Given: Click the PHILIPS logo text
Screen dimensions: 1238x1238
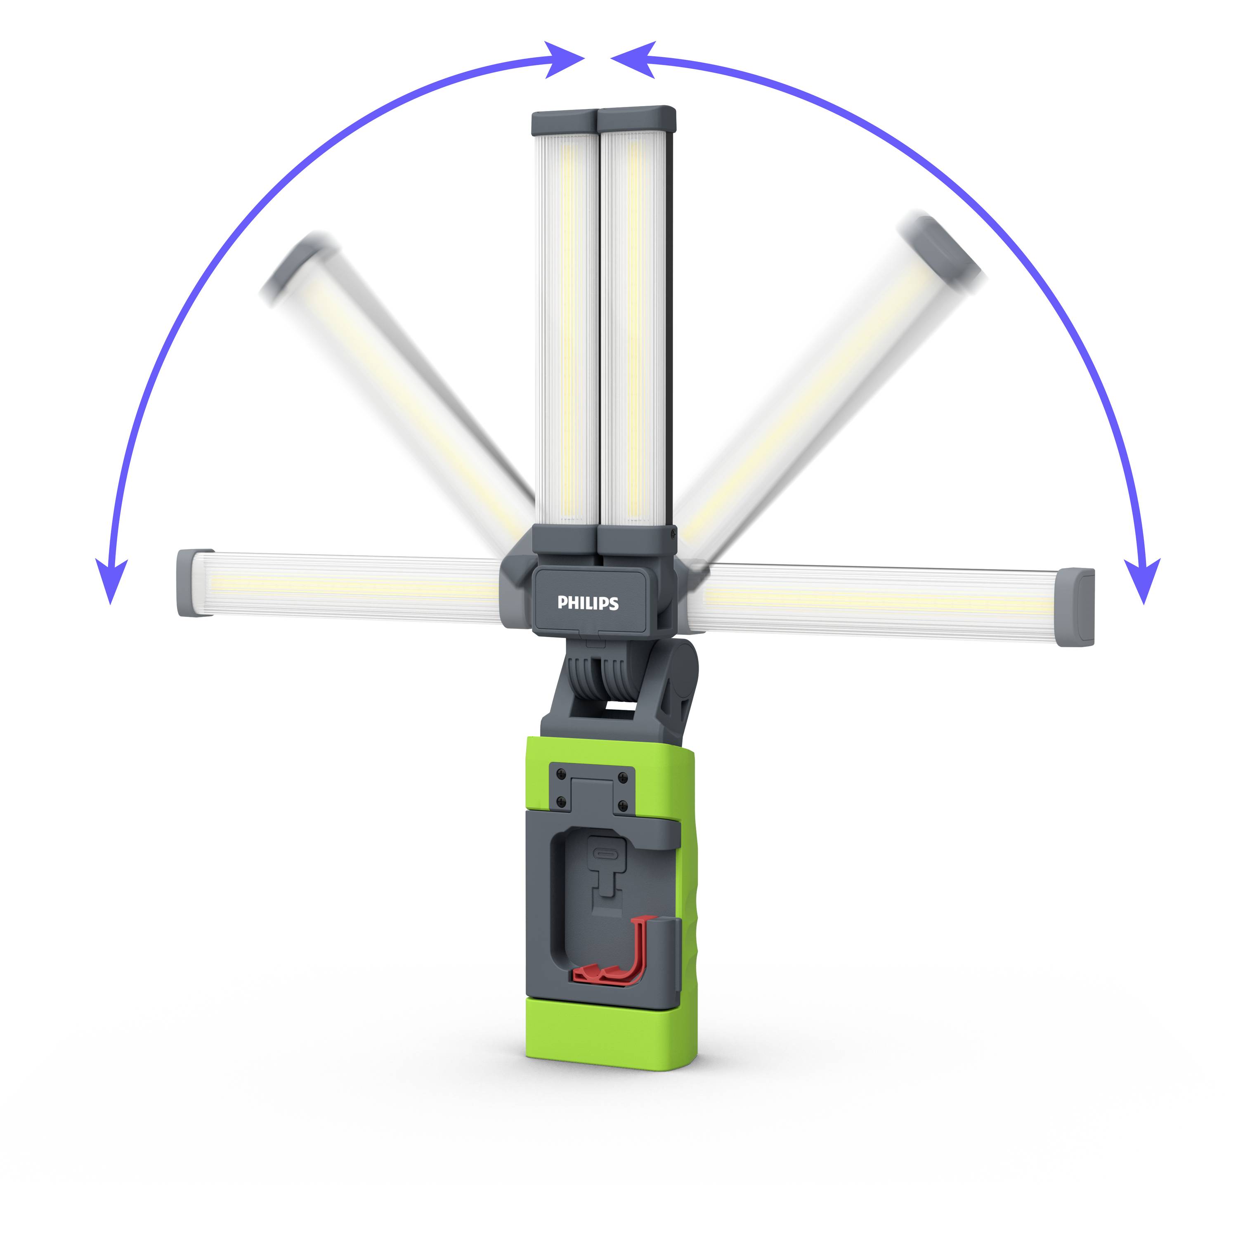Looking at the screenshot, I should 588,603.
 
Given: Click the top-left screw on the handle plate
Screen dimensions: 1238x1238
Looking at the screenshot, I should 561,773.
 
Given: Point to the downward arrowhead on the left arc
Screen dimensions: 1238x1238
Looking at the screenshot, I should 111,580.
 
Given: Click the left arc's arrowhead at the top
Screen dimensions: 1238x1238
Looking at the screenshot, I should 564,59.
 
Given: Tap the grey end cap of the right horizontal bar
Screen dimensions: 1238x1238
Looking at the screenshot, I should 1076,607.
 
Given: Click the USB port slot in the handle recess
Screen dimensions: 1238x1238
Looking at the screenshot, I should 605,854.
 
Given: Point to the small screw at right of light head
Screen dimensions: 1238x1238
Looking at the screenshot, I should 672,531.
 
